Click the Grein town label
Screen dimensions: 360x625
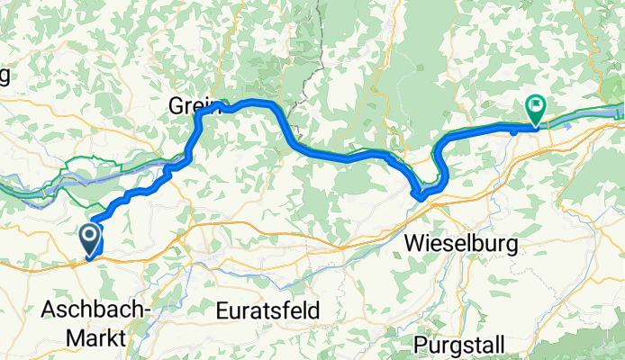point(186,106)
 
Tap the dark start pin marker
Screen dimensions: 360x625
point(91,238)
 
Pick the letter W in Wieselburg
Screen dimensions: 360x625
point(414,243)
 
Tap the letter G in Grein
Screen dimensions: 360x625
point(174,106)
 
